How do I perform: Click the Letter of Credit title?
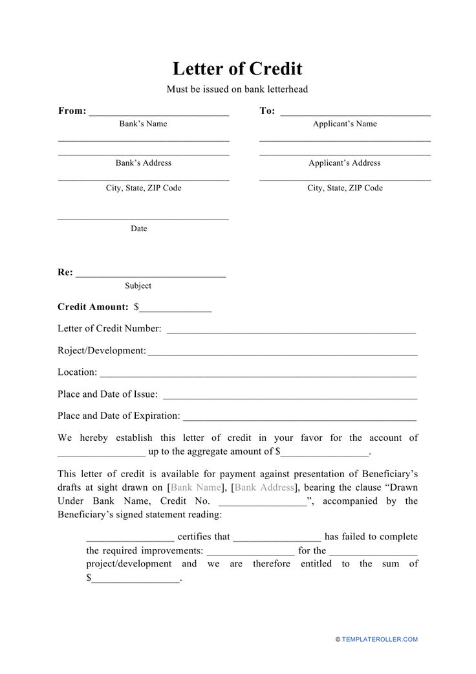point(237,69)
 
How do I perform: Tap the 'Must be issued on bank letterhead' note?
point(237,89)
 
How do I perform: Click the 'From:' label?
point(72,111)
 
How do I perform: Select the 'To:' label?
point(267,111)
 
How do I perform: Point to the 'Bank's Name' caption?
point(143,124)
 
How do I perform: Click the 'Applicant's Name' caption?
point(345,124)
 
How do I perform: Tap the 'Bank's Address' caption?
point(143,163)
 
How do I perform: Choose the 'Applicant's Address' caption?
point(345,163)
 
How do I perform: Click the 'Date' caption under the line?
point(139,229)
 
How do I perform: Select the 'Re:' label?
point(65,273)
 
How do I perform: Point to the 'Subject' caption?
point(138,286)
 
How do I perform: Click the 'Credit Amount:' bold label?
point(93,307)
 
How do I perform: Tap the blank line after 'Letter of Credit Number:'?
point(291,331)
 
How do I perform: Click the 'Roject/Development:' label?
point(102,350)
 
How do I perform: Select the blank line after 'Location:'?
point(258,375)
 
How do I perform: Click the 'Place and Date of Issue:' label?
point(107,394)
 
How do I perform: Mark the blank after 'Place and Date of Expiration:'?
point(300,418)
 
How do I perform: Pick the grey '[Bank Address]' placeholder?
point(265,487)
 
